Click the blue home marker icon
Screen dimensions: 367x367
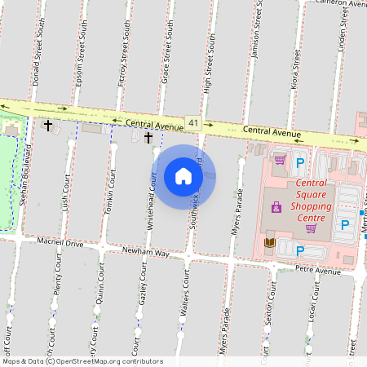click(183, 175)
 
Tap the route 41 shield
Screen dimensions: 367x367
click(192, 122)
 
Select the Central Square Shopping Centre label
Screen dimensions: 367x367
click(299, 201)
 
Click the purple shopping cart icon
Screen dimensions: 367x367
click(280, 160)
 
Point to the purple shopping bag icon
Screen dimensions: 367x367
click(276, 208)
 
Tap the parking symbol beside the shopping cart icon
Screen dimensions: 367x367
click(300, 162)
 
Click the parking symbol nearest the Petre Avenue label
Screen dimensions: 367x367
click(299, 250)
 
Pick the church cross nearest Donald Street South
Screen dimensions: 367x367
click(48, 126)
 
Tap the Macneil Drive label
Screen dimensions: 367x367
click(60, 242)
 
